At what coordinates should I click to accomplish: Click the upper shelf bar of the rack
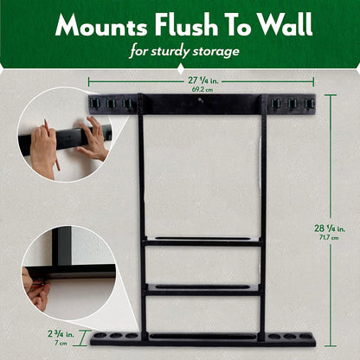(202, 242)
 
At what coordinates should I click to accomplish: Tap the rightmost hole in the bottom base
(305, 336)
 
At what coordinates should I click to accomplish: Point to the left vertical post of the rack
(142, 216)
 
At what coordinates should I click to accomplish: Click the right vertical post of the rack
(262, 216)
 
